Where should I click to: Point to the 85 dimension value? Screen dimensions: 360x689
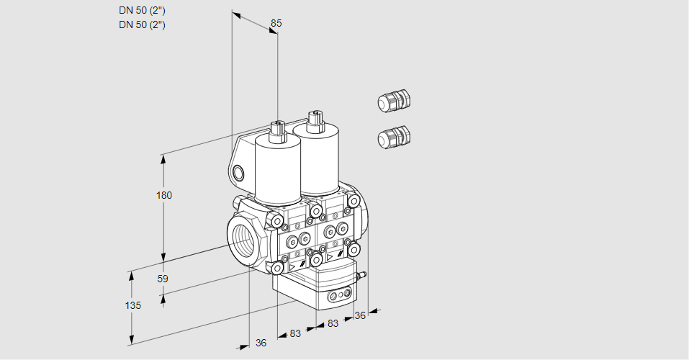pos(276,23)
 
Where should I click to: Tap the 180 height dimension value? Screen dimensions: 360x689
pos(164,195)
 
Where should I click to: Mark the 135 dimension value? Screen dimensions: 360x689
pos(132,305)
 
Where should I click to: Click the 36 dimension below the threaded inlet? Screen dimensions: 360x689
pos(261,343)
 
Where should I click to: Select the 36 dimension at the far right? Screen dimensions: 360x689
pos(360,315)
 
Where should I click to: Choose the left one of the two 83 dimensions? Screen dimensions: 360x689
pos(295,333)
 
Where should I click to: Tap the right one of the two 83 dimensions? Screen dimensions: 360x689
pos(333,323)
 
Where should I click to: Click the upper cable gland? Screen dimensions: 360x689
pos(393,101)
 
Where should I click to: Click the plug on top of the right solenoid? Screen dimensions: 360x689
pos(314,120)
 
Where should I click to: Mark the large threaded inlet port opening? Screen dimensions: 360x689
pos(243,238)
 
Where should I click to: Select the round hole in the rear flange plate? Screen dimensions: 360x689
pos(239,173)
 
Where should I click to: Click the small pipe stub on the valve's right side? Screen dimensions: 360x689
pos(361,275)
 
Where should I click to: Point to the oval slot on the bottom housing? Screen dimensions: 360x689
pos(338,295)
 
